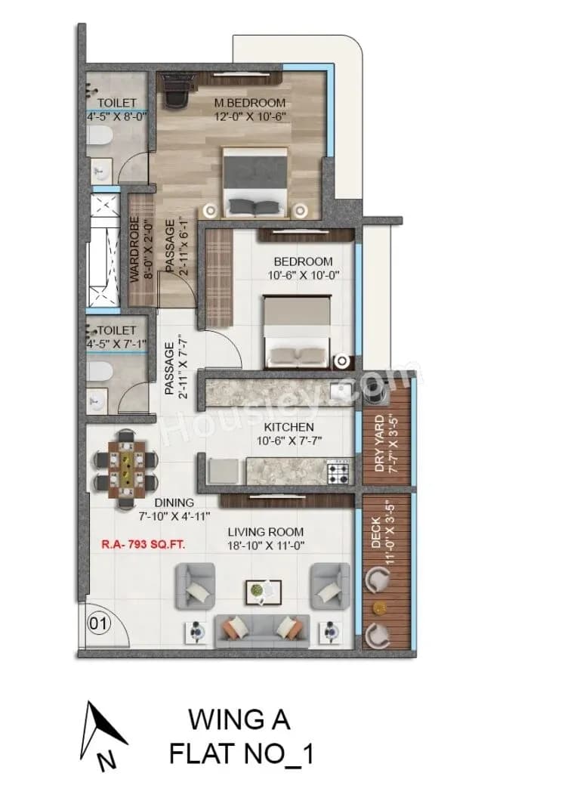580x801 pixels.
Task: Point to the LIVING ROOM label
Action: coord(266,532)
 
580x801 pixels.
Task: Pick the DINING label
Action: coord(174,503)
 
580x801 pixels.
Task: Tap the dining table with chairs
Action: coord(125,469)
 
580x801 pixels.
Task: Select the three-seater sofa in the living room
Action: coord(262,631)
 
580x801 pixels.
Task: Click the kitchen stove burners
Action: coord(337,473)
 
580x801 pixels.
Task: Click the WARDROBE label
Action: coord(138,250)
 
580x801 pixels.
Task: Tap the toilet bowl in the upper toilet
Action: coord(97,136)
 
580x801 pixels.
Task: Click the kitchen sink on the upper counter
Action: coord(339,391)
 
